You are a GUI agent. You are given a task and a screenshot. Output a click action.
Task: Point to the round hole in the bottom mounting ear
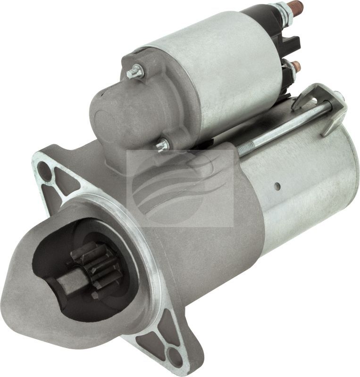(x=175, y=354)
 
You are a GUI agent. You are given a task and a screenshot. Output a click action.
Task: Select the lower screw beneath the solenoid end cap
(x=163, y=145)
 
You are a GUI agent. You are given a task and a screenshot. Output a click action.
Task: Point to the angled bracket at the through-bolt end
(x=330, y=111)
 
